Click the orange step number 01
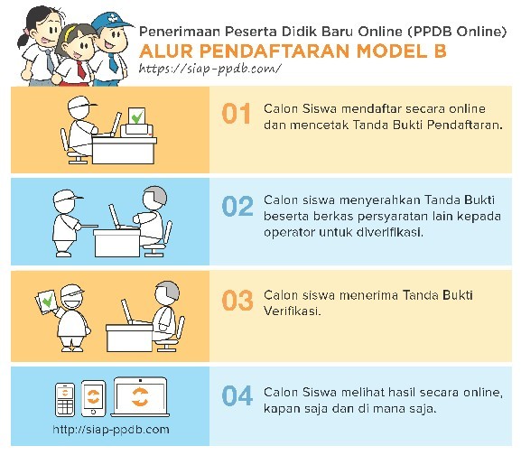tap(236, 113)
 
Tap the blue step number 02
tap(237, 206)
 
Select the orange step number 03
tap(237, 301)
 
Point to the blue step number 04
tap(237, 395)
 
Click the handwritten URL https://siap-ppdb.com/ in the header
tap(210, 69)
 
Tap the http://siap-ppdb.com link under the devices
tap(111, 430)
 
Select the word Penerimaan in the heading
tap(180, 32)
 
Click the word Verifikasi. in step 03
tap(293, 311)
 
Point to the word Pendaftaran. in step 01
tap(464, 125)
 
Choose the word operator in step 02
tap(289, 232)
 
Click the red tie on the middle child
tap(80, 70)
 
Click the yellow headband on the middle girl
tap(70, 32)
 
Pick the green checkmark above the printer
tap(137, 116)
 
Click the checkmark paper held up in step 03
tap(47, 302)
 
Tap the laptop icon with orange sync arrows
tap(140, 397)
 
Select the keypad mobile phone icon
tap(65, 400)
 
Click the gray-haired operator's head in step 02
tap(154, 198)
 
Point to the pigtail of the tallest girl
tap(23, 39)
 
